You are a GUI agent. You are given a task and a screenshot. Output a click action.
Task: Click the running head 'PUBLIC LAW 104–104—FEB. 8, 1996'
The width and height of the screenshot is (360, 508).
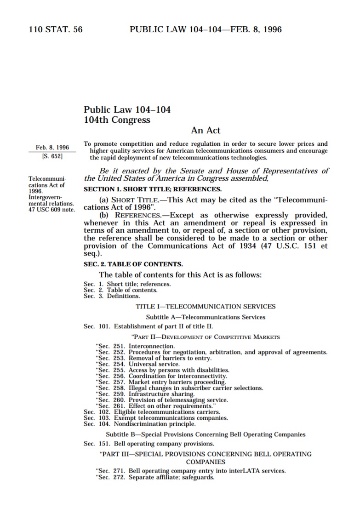[206, 30]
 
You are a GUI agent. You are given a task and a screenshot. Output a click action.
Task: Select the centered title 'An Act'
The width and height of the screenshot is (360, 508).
[206, 131]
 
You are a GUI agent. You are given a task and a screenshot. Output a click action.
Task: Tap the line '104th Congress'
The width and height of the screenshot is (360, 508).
[117, 120]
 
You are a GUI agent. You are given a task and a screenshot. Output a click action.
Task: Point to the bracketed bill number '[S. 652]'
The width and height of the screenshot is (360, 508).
[52, 156]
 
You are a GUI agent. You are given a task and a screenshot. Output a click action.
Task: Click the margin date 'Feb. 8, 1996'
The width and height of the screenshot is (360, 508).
[52, 148]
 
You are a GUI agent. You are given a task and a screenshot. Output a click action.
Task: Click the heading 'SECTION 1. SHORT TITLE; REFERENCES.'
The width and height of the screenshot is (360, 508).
[152, 189]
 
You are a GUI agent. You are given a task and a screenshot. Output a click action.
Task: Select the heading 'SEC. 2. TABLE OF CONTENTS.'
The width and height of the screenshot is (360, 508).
[133, 264]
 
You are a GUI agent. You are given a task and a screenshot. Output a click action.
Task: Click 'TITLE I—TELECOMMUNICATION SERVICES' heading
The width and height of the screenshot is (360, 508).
[206, 306]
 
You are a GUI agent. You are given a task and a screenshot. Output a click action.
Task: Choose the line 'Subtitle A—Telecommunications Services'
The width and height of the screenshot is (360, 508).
[206, 317]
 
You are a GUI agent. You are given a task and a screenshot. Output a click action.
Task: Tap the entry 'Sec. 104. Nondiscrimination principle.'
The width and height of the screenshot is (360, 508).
[139, 424]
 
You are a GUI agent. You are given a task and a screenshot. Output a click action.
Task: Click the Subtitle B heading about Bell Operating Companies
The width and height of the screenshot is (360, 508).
[206, 434]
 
